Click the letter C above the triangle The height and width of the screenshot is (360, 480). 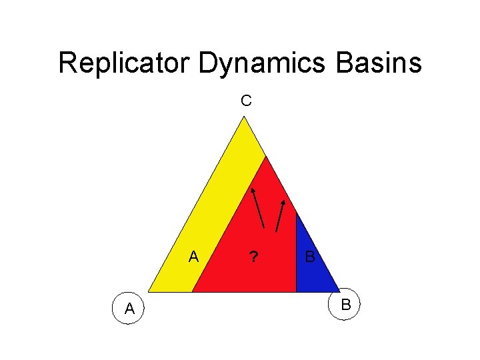click(246, 101)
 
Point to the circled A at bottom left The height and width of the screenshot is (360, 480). click(129, 308)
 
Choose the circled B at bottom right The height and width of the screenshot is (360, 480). click(345, 305)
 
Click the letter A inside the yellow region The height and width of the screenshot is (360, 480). click(193, 257)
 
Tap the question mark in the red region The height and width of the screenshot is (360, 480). click(253, 257)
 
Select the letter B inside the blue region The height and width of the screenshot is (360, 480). click(310, 257)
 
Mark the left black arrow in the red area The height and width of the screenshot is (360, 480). click(259, 208)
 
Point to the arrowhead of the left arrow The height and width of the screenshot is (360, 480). click(253, 191)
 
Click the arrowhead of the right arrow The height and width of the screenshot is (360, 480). click(284, 201)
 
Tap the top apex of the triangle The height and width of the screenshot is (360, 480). click(245, 117)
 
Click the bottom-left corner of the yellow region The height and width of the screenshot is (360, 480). click(148, 292)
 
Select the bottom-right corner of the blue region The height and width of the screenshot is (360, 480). click(339, 292)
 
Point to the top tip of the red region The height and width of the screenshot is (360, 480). click(266, 157)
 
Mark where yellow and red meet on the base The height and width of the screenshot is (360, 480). click(193, 292)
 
